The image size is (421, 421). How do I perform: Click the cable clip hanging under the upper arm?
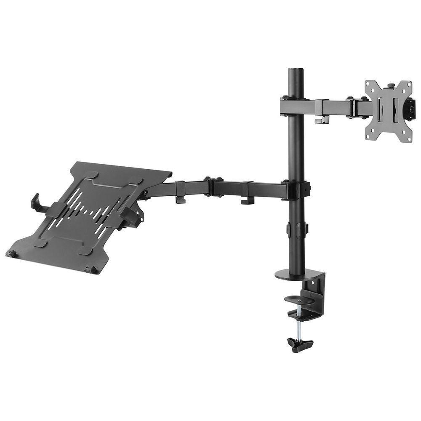pos(322,120)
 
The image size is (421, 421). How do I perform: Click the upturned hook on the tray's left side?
pos(35,202)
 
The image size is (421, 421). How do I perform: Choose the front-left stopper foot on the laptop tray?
pos(12,253)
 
